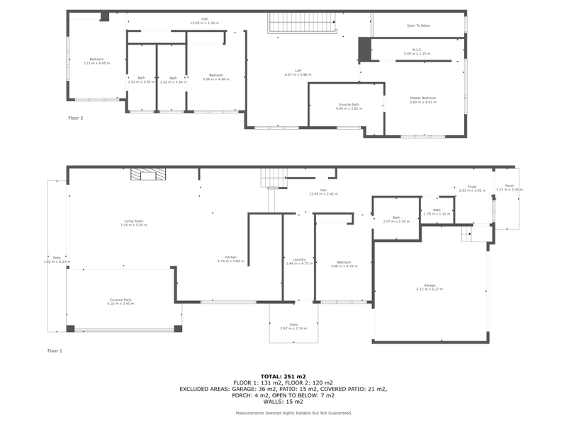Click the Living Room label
(128, 223)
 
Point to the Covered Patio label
(120, 301)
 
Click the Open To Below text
(418, 25)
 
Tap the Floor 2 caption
(76, 118)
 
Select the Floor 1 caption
(55, 351)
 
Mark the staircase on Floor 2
(301, 23)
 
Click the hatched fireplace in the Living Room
(147, 175)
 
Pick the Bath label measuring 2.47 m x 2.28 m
(396, 220)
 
